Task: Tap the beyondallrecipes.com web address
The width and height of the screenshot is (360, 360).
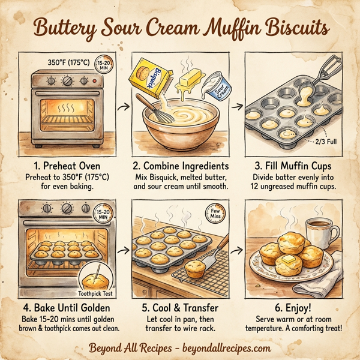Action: point(229,347)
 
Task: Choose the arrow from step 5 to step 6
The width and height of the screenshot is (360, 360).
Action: point(237,247)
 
